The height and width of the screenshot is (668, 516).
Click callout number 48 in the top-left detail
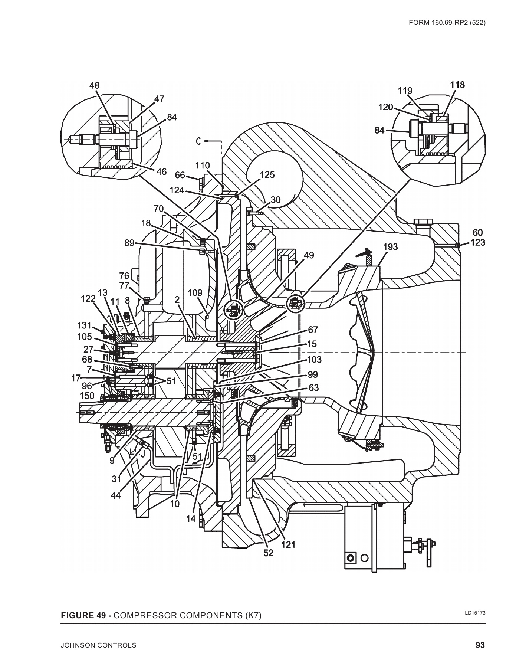coord(95,85)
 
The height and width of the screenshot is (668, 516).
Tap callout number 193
coord(390,247)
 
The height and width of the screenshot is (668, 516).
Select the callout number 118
coord(457,85)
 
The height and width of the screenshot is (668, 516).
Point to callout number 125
coord(267,174)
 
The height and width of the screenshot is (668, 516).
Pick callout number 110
coord(203,166)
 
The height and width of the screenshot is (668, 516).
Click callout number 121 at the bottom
coord(288,544)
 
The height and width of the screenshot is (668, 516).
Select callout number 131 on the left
coord(84,325)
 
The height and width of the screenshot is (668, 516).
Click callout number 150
coord(87,396)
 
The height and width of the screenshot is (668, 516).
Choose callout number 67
coord(313,330)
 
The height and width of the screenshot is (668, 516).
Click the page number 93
coord(480,645)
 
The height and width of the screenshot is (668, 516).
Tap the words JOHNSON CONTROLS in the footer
coord(98,645)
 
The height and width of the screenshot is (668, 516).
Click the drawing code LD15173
coord(475,613)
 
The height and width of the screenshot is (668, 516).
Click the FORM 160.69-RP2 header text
coord(447,23)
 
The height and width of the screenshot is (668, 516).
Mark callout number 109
coord(195,293)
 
